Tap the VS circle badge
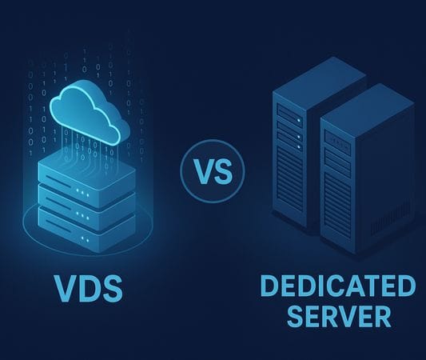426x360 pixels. tap(213, 171)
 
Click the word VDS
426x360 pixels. tap(88, 288)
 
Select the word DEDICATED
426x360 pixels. tap(338, 286)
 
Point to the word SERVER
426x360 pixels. tap(340, 316)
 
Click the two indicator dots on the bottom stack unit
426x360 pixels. tap(85, 239)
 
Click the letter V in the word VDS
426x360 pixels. tap(65, 288)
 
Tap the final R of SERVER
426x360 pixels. tap(383, 317)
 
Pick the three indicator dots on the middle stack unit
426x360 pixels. tap(82, 216)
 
